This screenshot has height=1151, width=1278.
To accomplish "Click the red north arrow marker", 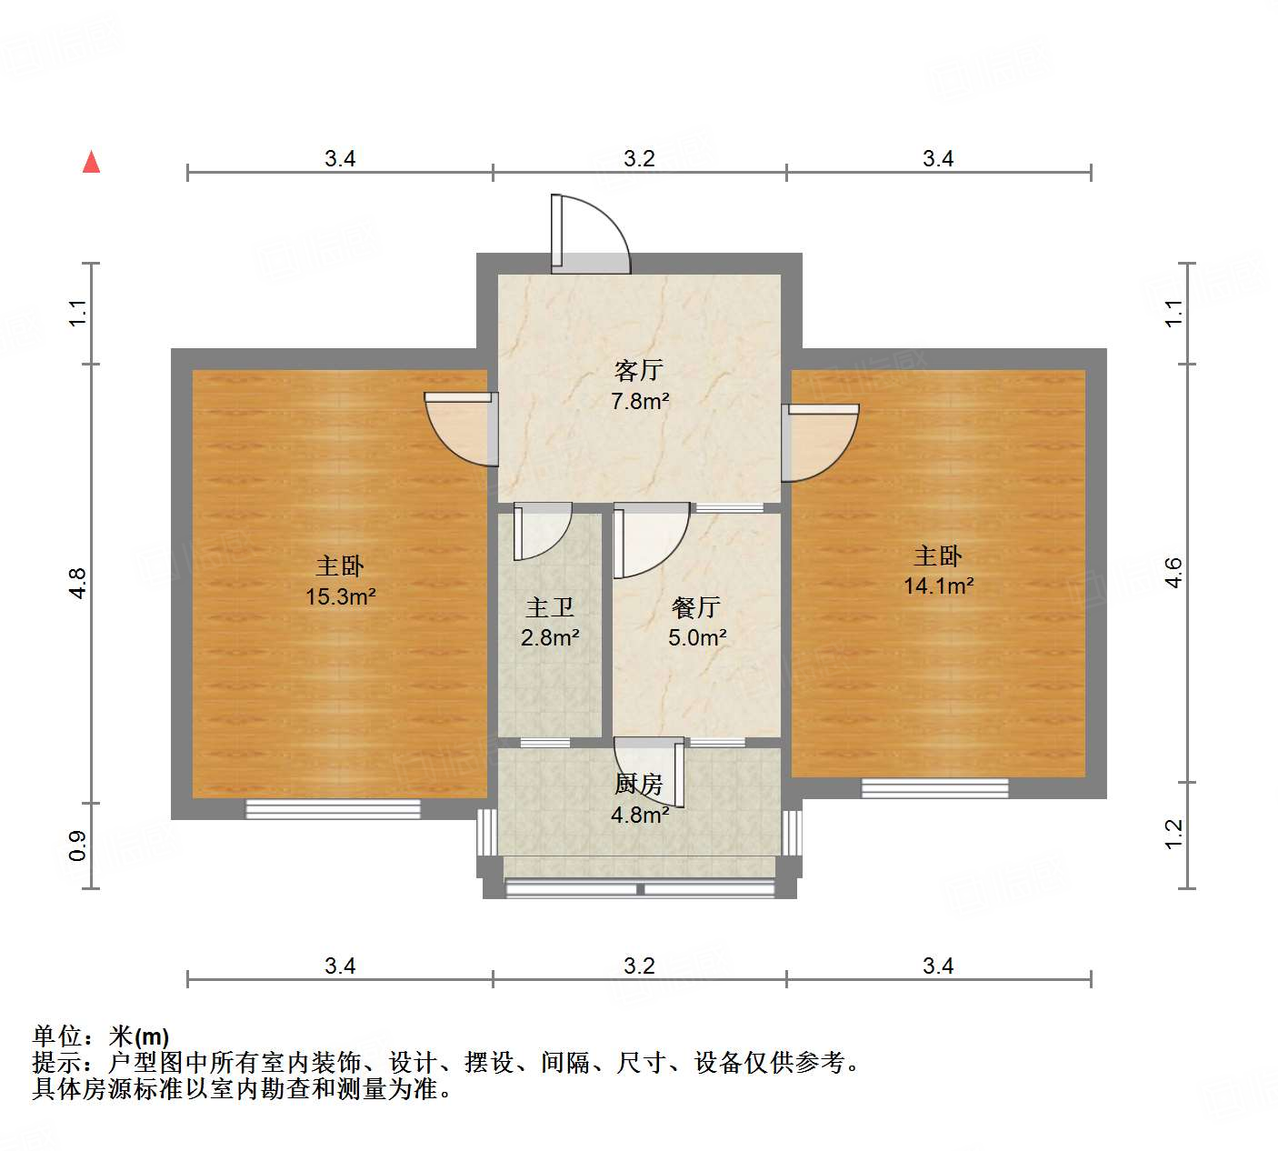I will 91,162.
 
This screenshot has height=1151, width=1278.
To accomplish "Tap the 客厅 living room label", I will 639,370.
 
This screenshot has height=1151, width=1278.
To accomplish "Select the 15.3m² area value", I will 341,596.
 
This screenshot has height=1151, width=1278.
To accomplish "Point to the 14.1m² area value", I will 938,586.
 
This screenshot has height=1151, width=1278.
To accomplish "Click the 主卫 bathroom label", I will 550,607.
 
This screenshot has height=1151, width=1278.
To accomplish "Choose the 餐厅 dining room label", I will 696,607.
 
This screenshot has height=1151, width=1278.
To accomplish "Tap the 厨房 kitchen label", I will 639,784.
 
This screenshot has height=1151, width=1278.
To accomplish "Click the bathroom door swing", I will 540,531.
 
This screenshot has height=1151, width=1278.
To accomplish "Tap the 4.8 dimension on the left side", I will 78,583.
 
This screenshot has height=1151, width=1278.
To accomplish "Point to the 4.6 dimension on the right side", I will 1173,573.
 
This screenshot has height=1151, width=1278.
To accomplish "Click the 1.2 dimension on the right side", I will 1173,834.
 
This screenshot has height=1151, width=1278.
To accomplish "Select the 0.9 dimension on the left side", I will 78,846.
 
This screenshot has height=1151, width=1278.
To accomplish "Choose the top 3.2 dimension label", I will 639,159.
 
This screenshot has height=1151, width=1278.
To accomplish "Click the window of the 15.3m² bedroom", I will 333,808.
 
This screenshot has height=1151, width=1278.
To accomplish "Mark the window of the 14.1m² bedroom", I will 934,788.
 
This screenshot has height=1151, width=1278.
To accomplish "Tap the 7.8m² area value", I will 640,400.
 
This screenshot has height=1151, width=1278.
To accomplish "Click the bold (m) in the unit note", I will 152,1036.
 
